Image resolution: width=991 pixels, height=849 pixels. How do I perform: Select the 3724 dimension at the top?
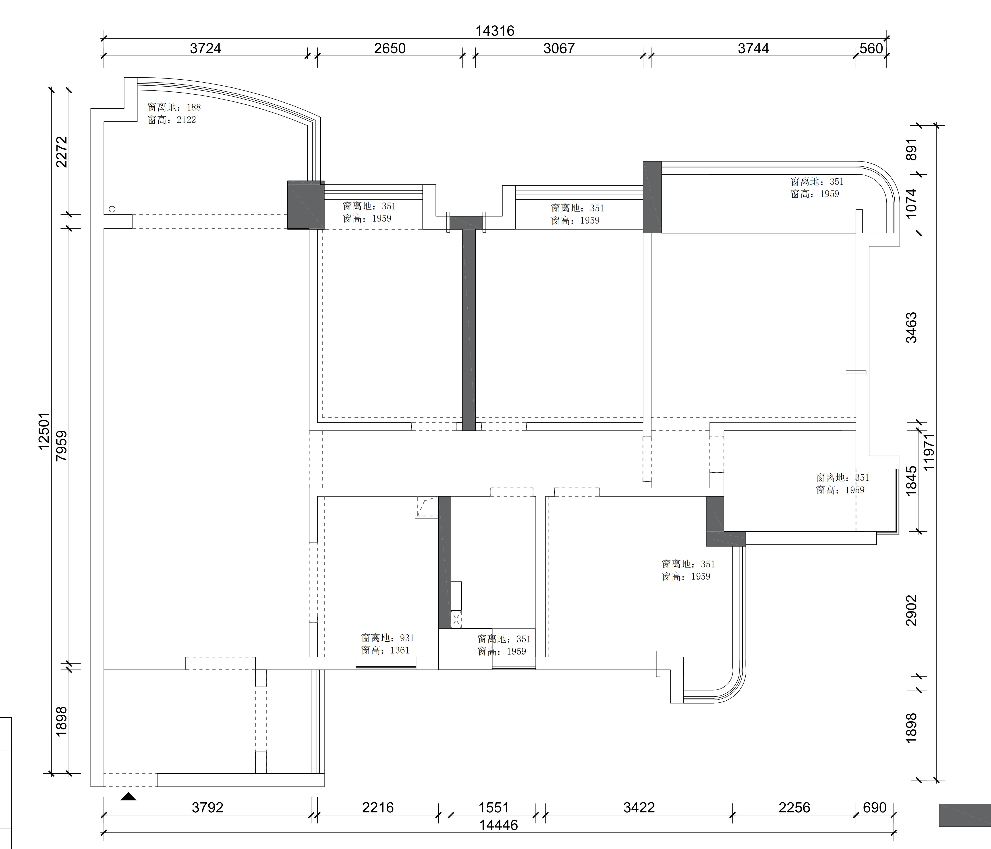206,48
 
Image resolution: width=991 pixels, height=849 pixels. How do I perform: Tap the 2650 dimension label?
390,48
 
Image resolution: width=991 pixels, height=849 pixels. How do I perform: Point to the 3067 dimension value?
559,48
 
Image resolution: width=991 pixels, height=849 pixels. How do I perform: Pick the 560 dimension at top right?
871,48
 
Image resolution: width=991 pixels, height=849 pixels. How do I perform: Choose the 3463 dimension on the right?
912,328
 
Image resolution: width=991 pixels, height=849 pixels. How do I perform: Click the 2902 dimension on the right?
912,610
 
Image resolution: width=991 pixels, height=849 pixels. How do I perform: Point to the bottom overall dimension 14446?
498,825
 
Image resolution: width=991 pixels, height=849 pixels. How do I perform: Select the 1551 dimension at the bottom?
493,807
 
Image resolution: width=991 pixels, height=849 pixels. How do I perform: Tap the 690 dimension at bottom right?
875,807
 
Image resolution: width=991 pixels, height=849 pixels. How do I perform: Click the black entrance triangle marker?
128,796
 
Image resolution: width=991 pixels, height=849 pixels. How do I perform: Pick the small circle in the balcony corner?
112,209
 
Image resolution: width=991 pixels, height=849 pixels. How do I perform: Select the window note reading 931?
387,644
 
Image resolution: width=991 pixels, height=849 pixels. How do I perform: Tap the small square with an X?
456,619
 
